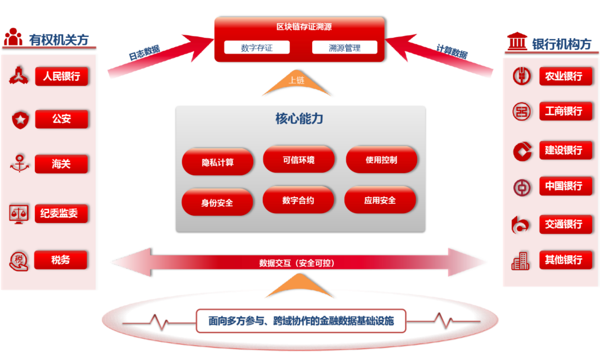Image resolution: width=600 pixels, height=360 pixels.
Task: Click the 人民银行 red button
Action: (x=61, y=76)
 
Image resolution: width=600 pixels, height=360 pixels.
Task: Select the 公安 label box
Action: (x=61, y=119)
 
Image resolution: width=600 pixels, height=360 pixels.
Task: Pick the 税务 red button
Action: (x=61, y=260)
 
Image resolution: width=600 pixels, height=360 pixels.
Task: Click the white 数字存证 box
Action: (x=257, y=48)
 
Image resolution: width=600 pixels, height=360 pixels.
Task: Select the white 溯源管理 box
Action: (x=345, y=48)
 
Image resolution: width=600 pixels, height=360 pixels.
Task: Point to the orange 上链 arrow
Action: (x=297, y=83)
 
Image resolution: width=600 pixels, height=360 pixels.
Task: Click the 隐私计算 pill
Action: (x=217, y=162)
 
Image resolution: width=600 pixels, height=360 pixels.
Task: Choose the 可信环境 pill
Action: (x=299, y=160)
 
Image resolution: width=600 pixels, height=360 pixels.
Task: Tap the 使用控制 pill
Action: (x=381, y=160)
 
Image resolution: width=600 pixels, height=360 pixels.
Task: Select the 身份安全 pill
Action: (x=217, y=202)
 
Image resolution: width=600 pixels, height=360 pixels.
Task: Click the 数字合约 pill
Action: (x=298, y=201)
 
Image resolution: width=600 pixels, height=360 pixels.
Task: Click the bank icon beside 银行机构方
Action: (x=517, y=42)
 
